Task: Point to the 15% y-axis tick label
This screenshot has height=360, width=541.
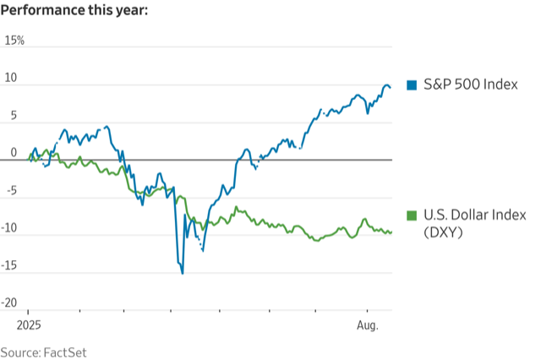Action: tap(15, 41)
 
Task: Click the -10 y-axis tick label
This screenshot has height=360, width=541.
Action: tap(13, 228)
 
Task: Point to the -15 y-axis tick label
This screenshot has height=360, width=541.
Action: tap(13, 265)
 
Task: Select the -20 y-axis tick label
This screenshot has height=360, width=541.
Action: tap(13, 303)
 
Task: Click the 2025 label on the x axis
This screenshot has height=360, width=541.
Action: tap(29, 325)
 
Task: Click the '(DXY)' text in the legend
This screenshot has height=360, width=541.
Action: tap(441, 233)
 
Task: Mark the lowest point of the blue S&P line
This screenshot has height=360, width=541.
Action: tap(182, 273)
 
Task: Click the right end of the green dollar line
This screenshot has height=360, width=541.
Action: tap(391, 232)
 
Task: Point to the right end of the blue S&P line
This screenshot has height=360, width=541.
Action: tap(391, 88)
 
